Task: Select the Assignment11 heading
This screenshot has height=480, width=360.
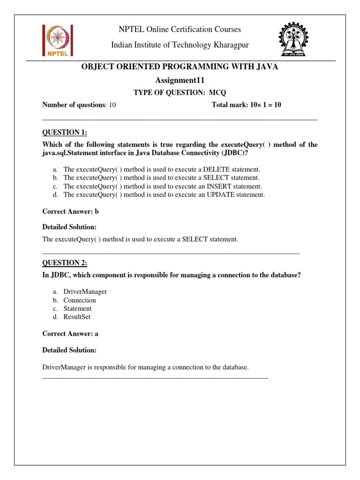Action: [180, 80]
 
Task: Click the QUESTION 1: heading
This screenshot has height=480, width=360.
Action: [65, 133]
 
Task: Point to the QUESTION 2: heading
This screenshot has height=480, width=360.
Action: [65, 262]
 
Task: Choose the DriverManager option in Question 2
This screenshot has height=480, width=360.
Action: [85, 292]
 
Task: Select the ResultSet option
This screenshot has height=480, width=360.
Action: [77, 317]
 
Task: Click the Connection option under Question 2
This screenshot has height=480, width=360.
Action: [80, 300]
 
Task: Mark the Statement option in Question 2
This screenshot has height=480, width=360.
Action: [77, 308]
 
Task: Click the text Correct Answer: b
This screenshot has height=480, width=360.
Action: [70, 211]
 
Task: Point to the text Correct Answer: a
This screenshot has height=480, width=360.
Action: [70, 334]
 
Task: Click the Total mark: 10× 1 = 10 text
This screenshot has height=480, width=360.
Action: [247, 105]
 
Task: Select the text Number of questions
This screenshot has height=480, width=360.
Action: [73, 105]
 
